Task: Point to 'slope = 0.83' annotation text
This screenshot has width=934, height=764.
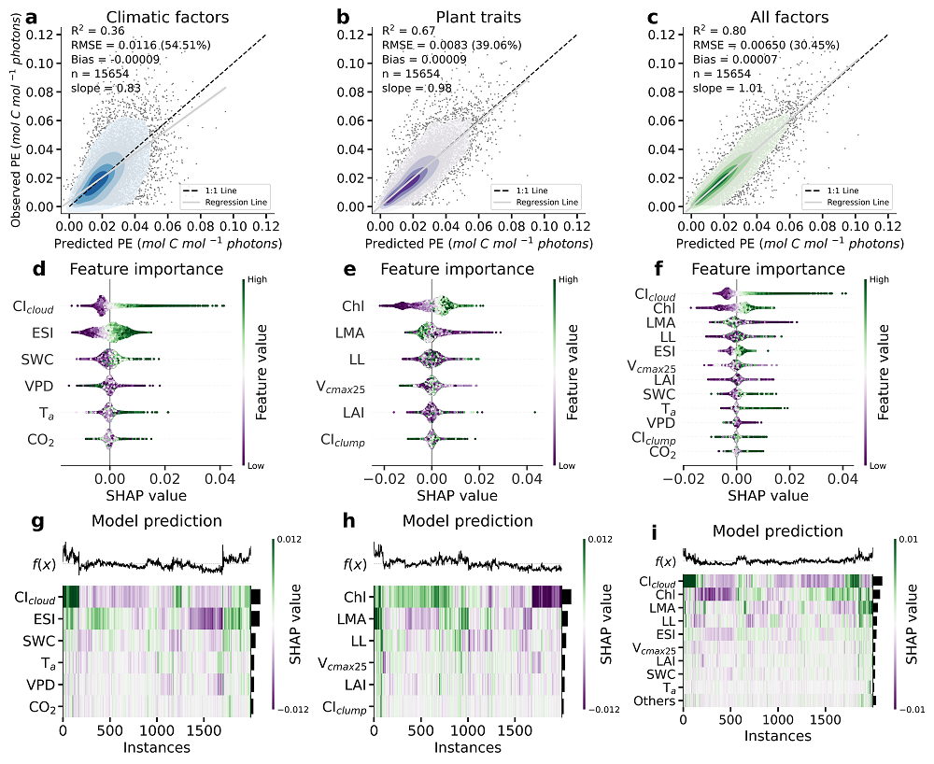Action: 103,88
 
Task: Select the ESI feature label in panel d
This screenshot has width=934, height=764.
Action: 38,332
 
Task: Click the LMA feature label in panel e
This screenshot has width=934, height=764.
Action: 350,332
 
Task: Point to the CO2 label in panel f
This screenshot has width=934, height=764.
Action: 664,453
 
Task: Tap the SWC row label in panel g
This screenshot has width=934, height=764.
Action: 38,641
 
